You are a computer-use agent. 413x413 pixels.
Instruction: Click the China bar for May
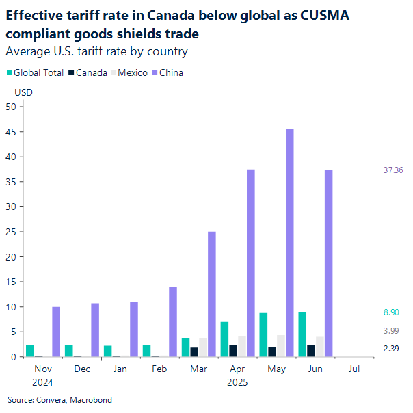click(x=290, y=243)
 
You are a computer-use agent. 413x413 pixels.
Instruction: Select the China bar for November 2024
click(x=56, y=332)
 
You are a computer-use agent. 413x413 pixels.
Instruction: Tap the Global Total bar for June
click(x=302, y=334)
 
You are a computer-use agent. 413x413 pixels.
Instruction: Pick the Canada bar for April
click(x=234, y=351)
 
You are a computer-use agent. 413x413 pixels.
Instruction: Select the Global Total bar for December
click(x=69, y=351)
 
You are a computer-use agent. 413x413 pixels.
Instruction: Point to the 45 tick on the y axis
click(x=10, y=131)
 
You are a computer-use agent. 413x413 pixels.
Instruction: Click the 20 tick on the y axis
click(x=10, y=256)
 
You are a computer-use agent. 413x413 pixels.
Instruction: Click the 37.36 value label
click(x=396, y=170)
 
